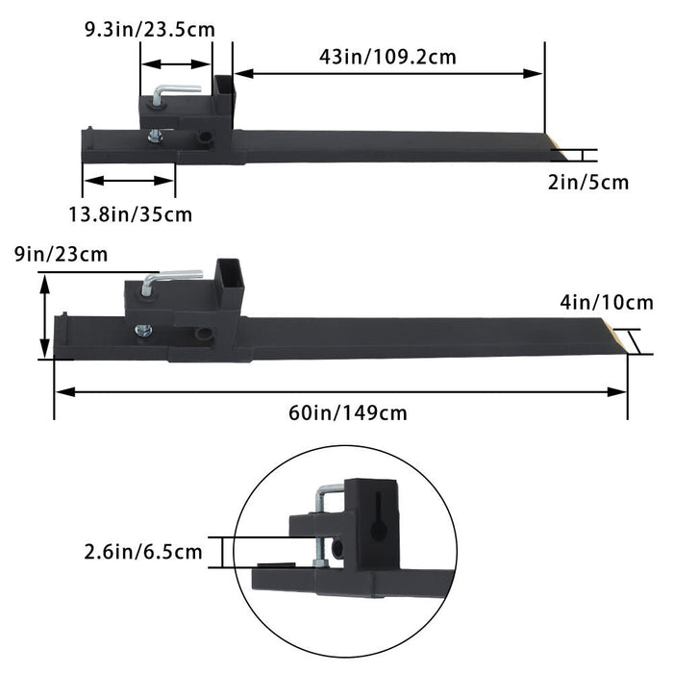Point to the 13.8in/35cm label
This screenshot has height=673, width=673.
[137, 213]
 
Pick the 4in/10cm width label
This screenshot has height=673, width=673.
[607, 303]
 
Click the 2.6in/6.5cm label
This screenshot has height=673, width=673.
[143, 551]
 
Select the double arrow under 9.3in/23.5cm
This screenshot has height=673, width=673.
[176, 64]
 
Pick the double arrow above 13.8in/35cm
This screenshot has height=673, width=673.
[129, 179]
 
